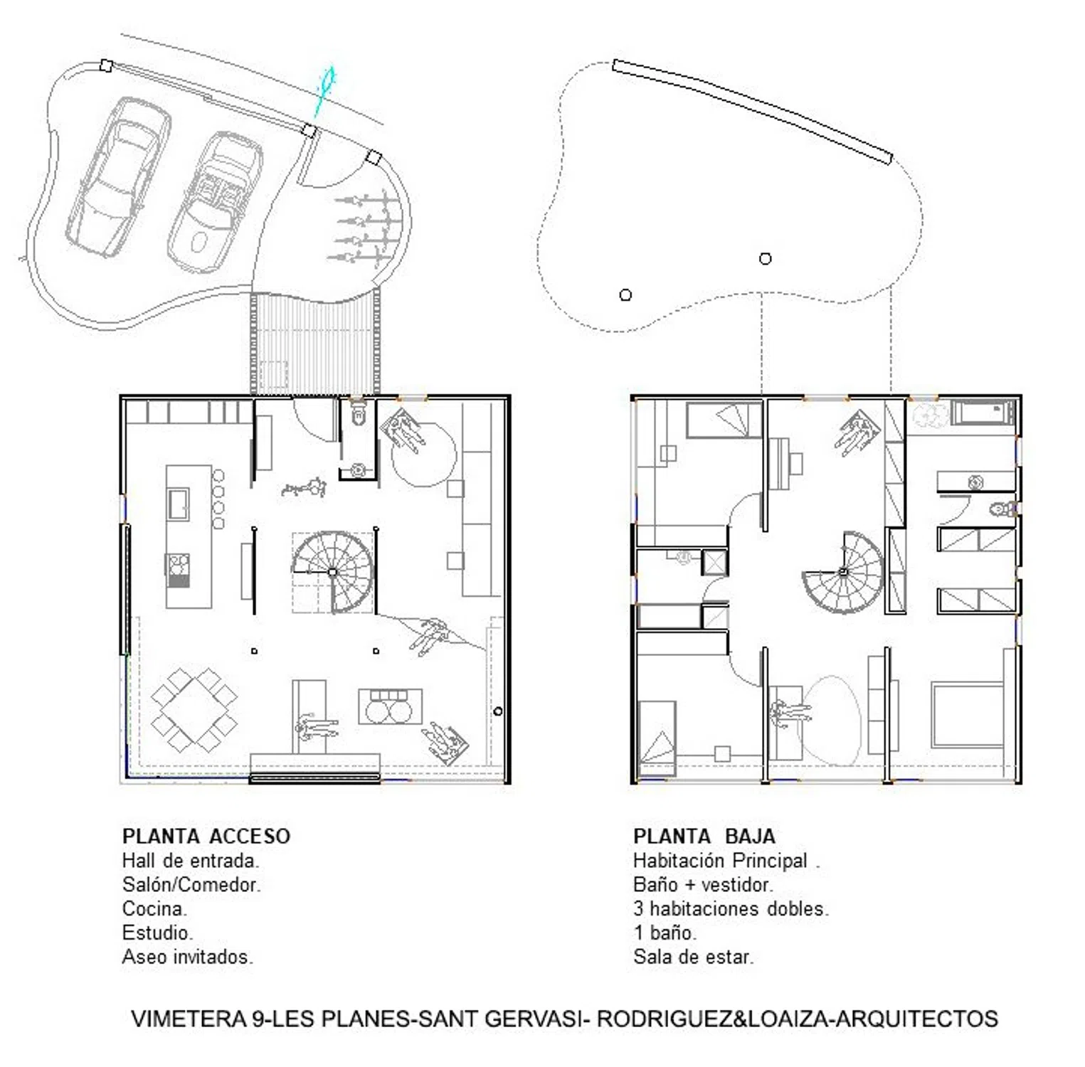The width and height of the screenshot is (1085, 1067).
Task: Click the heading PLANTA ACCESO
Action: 206,836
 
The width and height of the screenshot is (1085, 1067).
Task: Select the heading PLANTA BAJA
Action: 704,836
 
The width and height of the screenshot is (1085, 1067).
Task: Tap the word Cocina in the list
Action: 154,908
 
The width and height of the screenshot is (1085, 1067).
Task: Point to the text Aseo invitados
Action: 188,957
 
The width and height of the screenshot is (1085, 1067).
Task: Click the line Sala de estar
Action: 693,957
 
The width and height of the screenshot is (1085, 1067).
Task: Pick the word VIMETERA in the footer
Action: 189,1018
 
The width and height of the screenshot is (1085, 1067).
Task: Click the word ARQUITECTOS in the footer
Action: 916,1018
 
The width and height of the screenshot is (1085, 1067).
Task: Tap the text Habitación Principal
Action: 721,861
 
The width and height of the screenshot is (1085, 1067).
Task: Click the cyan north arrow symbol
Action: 324,91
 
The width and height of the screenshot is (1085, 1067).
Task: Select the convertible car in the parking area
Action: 216,201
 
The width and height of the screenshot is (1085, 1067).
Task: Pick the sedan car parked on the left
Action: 118,176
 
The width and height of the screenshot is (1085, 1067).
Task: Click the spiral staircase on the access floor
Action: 332,571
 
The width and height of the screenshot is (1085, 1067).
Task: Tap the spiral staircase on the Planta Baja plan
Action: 843,572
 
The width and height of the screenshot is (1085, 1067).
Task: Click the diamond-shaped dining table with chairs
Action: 194,710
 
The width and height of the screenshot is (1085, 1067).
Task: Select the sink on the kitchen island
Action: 178,504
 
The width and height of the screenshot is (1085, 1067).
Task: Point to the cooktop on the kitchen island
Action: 178,570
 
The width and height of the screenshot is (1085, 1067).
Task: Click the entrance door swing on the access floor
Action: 314,420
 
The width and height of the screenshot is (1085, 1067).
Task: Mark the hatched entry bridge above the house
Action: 314,344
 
